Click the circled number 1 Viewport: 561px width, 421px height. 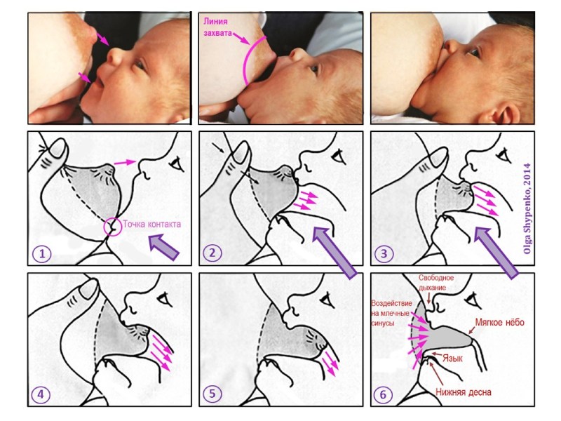point(42,254)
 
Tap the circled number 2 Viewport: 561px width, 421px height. point(212,253)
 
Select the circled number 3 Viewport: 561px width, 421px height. point(384,254)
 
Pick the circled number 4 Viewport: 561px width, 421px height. point(41,394)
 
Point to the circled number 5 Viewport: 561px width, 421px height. point(212,394)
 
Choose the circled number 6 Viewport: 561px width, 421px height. point(383,394)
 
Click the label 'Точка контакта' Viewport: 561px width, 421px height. point(151,224)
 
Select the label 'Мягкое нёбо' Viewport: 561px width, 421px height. point(499,322)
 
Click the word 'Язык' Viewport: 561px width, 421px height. point(452,358)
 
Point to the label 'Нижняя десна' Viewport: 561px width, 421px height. point(464,392)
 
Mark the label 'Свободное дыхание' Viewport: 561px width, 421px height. point(435,283)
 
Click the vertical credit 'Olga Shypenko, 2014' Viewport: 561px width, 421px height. point(527,208)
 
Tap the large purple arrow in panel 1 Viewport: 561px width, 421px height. point(163,246)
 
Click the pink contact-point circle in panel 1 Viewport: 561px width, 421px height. point(113,227)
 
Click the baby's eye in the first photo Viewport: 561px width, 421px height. point(140,65)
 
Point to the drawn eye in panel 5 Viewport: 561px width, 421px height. point(328,300)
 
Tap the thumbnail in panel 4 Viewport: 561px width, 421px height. point(88,288)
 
